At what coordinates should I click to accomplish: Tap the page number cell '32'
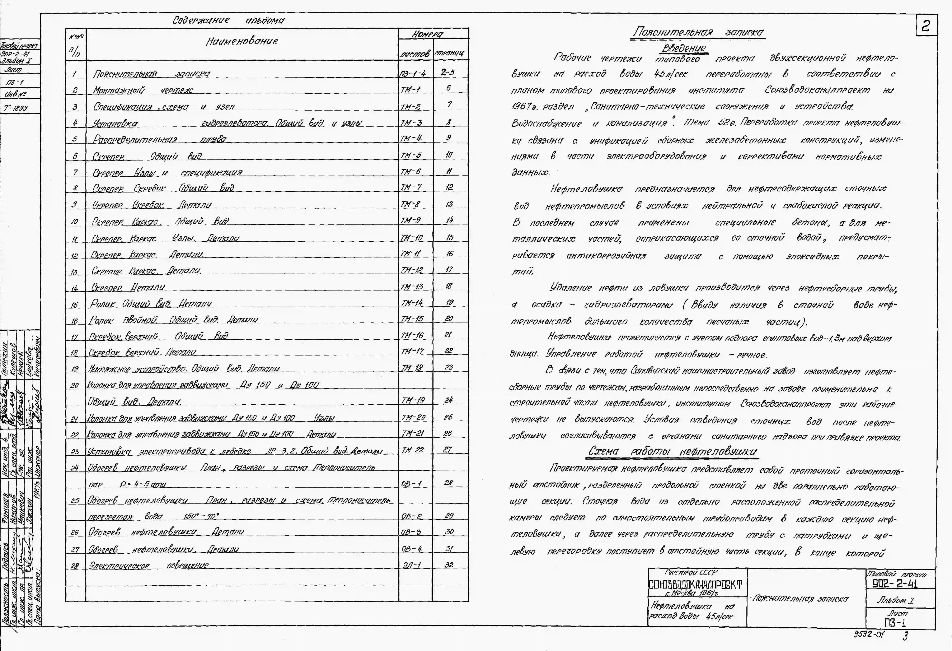[x=449, y=564]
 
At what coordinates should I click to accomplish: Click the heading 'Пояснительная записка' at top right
[x=698, y=32]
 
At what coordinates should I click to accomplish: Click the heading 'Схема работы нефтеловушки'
[x=673, y=451]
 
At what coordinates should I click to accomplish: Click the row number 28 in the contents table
[x=75, y=566]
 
